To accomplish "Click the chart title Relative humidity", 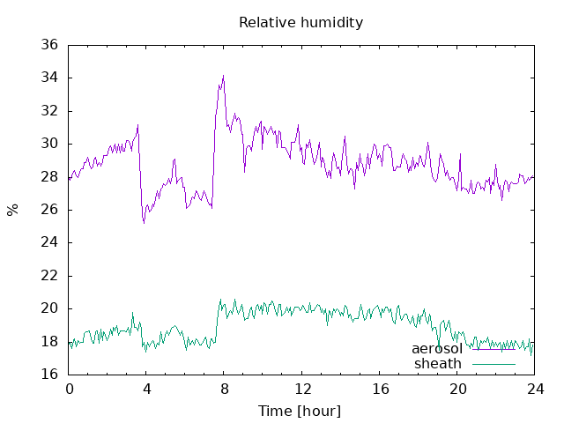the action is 301,23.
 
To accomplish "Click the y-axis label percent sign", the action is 12,210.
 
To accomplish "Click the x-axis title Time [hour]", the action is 300,411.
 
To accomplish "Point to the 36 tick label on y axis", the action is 49,45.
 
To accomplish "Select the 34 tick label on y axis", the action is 49,78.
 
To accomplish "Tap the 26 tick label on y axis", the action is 49,210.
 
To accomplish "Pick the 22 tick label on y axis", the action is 49,276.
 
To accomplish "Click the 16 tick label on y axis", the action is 49,375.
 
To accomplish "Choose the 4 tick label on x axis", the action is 146,389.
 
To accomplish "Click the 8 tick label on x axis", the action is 224,389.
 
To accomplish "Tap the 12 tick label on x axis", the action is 302,389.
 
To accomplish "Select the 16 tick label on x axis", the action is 380,389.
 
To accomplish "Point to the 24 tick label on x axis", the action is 535,389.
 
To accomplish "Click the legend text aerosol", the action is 437,349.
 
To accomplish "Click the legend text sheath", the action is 438,364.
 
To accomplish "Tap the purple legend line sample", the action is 493,349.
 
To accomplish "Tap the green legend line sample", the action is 493,364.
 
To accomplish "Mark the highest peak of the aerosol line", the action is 223,76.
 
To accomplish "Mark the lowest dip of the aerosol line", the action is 144,223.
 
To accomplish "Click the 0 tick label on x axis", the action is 70,389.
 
